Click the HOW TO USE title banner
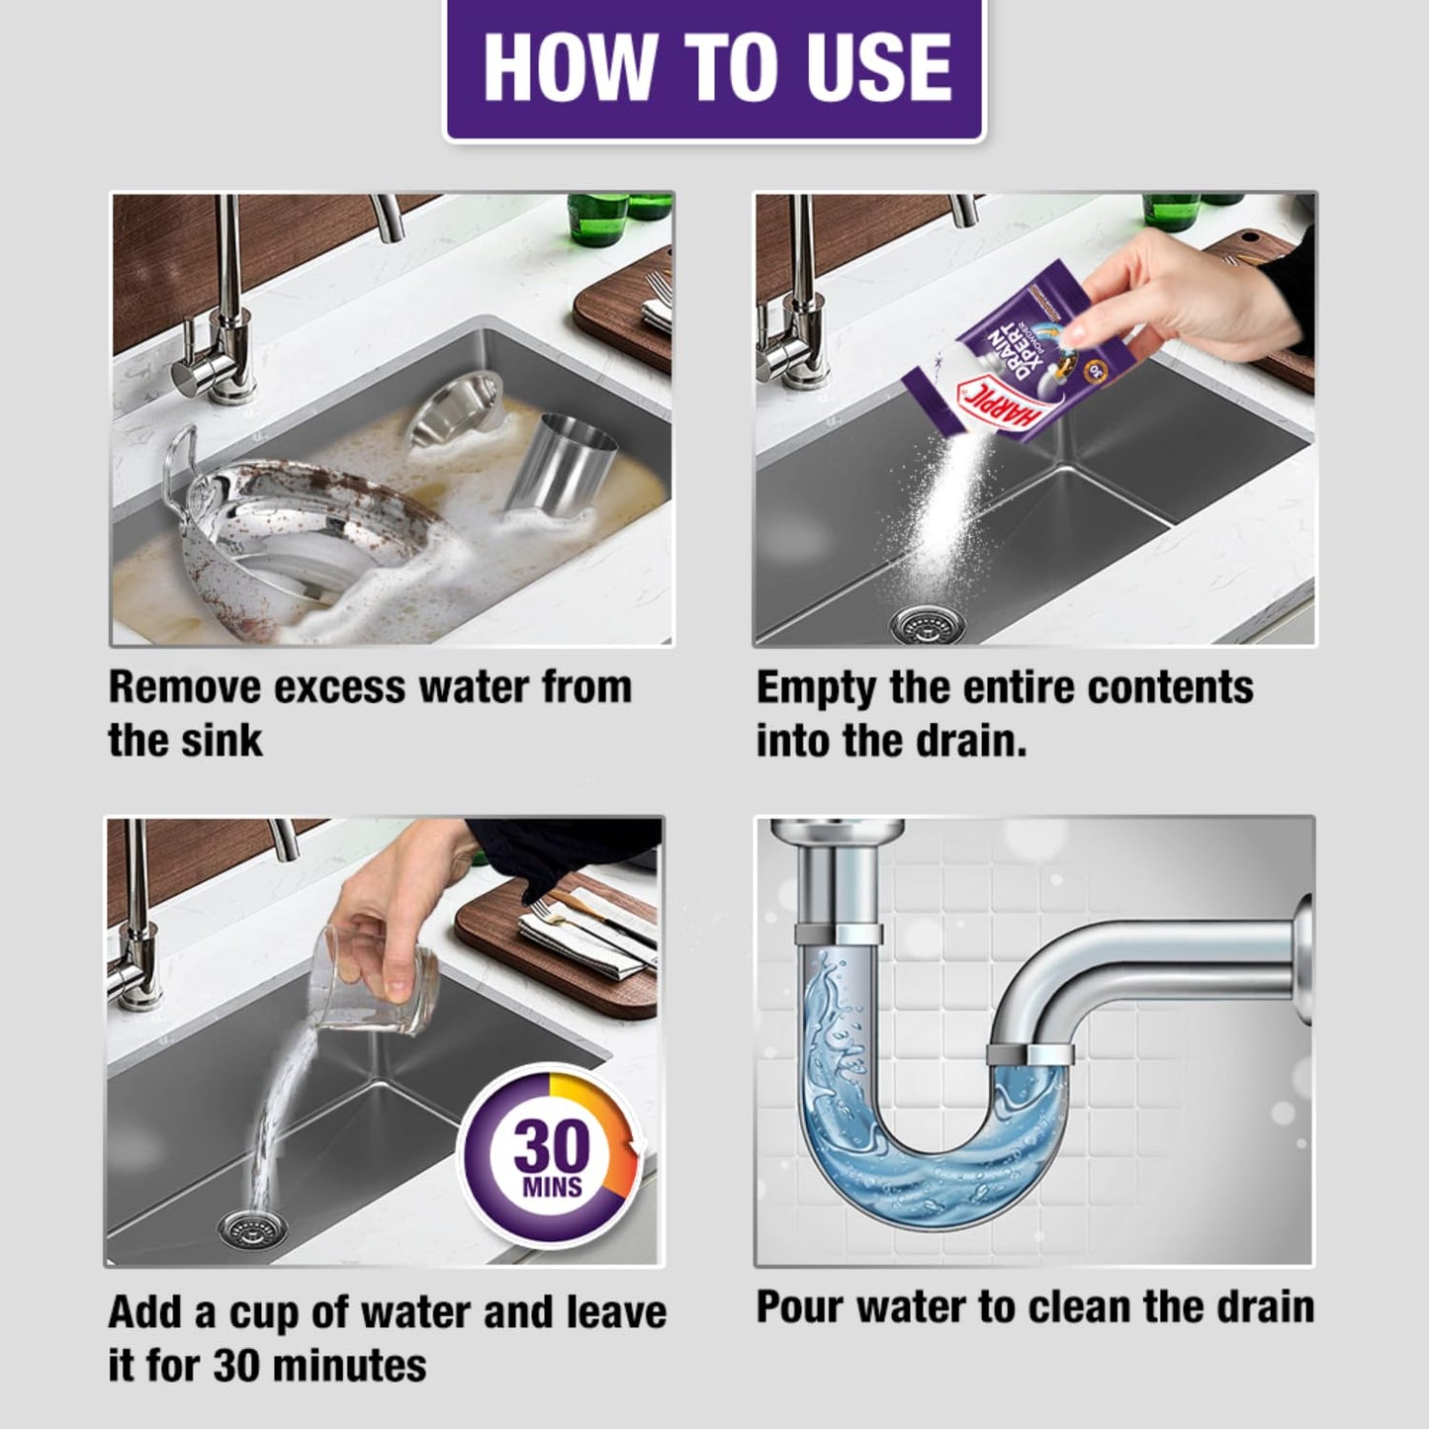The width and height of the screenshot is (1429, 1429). click(714, 69)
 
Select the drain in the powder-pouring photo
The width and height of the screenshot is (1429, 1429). click(919, 623)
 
